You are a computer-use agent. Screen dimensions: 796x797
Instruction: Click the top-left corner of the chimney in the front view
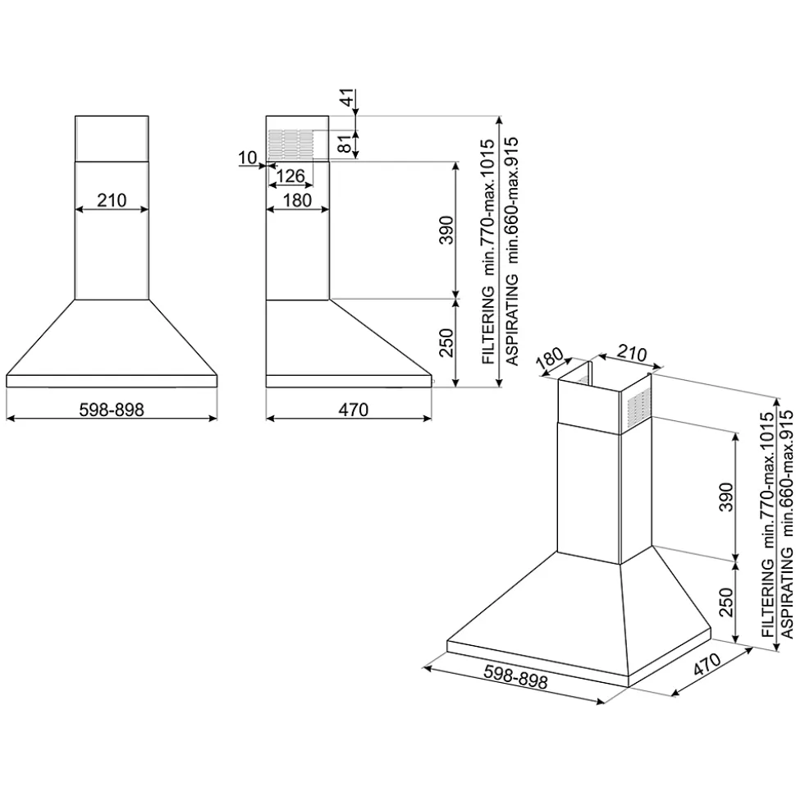[75, 117]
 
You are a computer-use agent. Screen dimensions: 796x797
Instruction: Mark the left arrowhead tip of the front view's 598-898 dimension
[7, 419]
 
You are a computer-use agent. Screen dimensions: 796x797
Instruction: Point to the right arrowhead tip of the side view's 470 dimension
[432, 419]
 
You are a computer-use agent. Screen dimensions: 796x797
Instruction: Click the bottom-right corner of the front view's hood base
[217, 387]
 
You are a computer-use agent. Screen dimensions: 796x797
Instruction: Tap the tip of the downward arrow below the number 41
[355, 116]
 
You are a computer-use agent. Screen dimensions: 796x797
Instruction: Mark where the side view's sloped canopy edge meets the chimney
[329, 300]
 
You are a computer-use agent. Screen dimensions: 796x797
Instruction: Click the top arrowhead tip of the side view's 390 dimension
[455, 163]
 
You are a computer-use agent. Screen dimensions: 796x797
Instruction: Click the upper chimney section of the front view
[112, 140]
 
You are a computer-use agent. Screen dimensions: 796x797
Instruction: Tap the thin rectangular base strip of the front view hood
[112, 381]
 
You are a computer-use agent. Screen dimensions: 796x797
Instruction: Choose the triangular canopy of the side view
[349, 337]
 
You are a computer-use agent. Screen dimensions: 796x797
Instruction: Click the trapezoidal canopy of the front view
[112, 337]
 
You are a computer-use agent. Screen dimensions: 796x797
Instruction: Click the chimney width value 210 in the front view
[112, 200]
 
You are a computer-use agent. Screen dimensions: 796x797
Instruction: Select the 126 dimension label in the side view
[290, 176]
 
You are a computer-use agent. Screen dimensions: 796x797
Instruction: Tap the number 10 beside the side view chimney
[248, 158]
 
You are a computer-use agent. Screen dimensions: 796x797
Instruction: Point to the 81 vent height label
[345, 144]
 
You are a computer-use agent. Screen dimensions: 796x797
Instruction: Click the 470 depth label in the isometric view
[707, 664]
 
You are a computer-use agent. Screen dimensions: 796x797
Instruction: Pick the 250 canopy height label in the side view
[446, 343]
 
